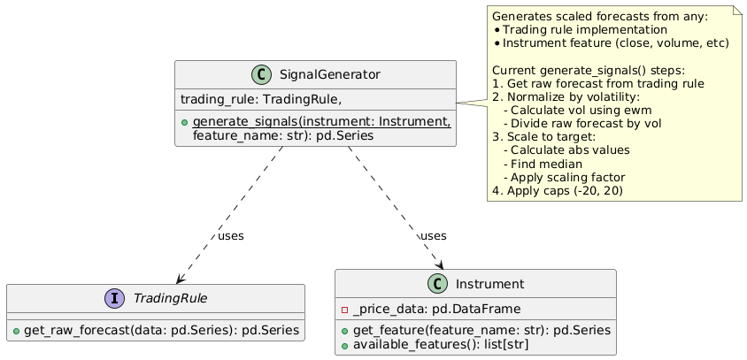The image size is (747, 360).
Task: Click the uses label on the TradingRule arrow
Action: point(231,236)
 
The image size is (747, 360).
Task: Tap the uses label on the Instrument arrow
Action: point(433,236)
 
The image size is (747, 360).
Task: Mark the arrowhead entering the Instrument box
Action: point(439,265)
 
